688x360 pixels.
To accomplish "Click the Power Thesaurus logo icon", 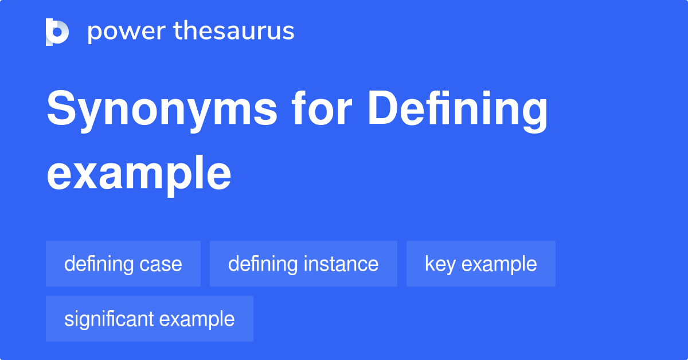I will pos(57,32).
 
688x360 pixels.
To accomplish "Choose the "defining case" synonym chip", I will pos(123,264).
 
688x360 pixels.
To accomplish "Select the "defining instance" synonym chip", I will pos(303,264).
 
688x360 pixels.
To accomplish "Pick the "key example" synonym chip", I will pos(481,264).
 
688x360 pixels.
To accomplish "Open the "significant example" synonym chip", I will pos(149,319).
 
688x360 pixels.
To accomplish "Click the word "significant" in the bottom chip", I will pos(109,319).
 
